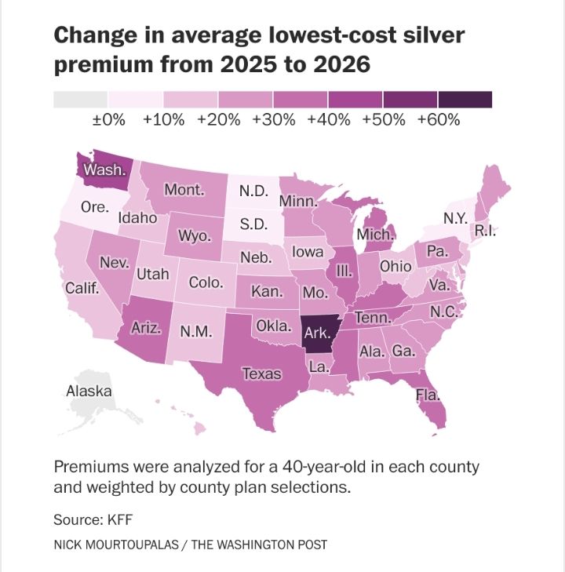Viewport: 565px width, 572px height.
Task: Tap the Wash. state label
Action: click(x=101, y=169)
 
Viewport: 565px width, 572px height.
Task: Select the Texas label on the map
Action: click(x=261, y=373)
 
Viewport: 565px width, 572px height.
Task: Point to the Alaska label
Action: click(x=89, y=391)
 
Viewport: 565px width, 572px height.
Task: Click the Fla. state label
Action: click(x=428, y=395)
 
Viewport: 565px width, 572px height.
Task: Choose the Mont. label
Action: click(x=184, y=190)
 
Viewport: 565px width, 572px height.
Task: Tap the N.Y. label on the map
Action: click(x=455, y=217)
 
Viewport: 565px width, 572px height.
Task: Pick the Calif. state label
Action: click(x=82, y=288)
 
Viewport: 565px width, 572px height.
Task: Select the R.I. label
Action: click(x=487, y=231)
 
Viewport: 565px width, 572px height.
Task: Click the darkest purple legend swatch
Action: click(x=465, y=99)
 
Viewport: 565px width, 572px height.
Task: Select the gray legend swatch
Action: click(x=80, y=99)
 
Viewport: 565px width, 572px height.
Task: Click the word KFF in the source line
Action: click(x=113, y=519)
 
